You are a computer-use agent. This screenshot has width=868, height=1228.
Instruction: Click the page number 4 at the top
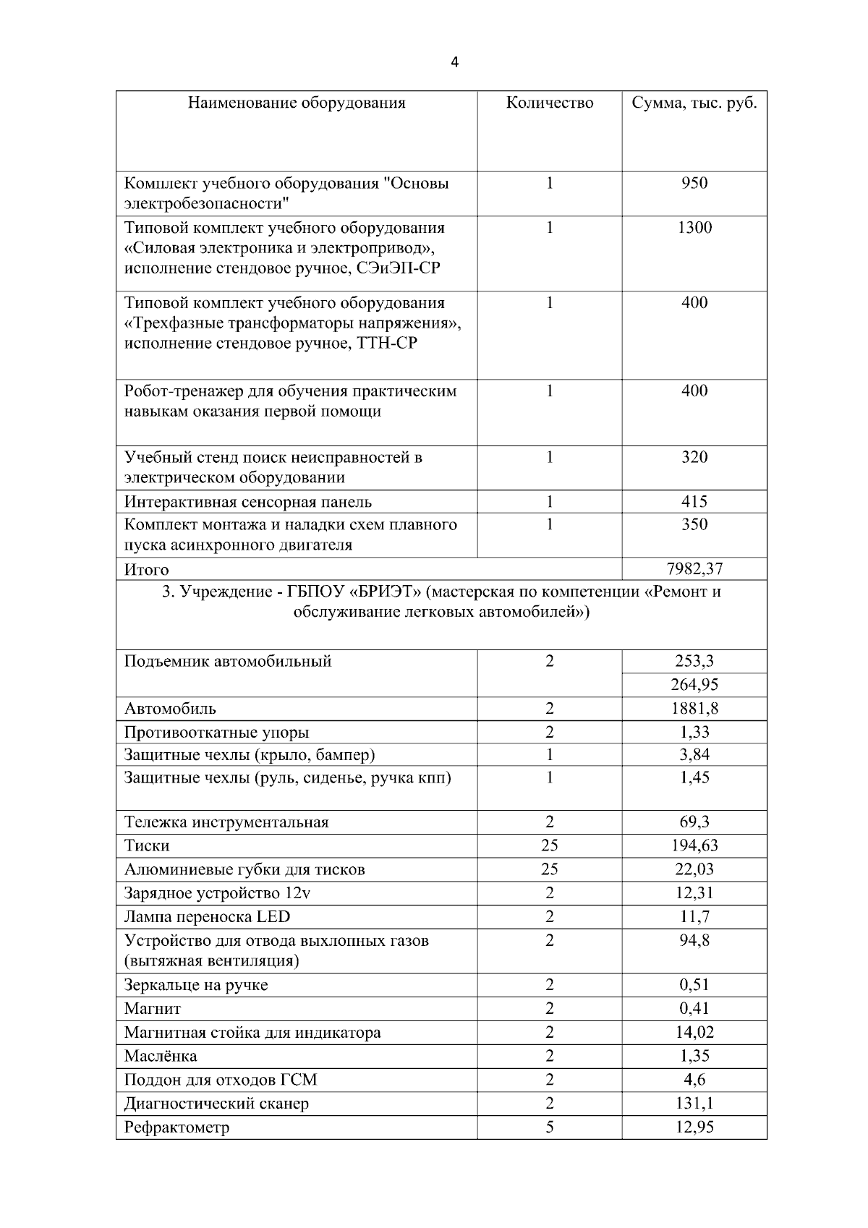click(454, 62)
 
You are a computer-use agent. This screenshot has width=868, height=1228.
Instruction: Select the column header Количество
click(550, 103)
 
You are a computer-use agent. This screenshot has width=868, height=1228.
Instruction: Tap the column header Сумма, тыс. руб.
click(694, 103)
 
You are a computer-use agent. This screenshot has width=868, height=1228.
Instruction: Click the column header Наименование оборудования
click(297, 103)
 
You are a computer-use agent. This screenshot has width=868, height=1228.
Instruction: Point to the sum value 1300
click(694, 228)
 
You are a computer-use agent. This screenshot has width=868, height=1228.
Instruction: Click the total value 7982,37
click(694, 568)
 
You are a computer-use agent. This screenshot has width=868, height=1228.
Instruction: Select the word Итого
click(146, 570)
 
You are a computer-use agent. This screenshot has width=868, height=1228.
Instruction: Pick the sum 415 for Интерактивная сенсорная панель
click(694, 501)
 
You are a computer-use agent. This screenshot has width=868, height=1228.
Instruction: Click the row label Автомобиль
click(170, 709)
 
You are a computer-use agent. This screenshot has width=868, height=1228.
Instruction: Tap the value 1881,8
click(694, 709)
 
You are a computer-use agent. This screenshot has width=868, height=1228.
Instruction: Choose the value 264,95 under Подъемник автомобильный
click(694, 685)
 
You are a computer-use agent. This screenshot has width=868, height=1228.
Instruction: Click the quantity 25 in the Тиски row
click(550, 845)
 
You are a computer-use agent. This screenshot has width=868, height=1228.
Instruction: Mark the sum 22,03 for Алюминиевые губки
click(694, 869)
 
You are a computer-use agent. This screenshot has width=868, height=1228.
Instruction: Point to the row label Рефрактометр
click(176, 1127)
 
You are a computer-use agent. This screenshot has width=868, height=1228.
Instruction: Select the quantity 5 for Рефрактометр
click(550, 1127)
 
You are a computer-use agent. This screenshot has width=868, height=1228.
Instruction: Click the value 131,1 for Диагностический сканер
click(694, 1103)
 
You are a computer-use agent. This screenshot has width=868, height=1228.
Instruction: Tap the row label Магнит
click(153, 1009)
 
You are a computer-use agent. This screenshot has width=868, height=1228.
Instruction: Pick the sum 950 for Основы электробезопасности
click(694, 183)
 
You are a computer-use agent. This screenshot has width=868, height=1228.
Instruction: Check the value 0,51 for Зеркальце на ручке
click(694, 984)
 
